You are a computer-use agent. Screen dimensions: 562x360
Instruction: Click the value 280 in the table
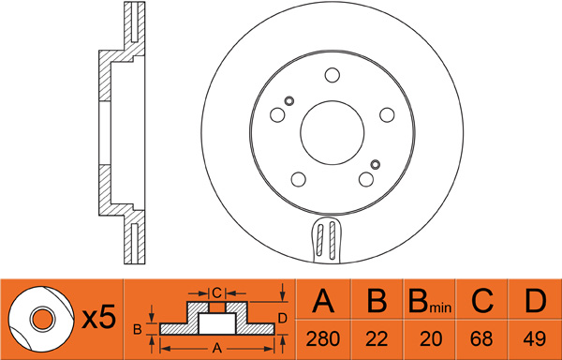322,338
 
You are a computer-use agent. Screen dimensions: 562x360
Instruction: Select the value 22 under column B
377,338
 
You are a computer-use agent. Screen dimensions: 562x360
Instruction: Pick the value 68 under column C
482,338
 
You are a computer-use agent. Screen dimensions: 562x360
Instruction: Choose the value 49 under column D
535,338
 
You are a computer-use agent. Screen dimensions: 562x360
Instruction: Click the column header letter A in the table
323,301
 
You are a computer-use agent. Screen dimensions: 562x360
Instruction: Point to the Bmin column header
429,301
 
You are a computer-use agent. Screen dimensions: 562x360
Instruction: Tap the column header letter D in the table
535,301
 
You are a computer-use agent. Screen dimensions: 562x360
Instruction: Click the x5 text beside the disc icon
99,317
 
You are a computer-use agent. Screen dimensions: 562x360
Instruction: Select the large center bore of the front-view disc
333,133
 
